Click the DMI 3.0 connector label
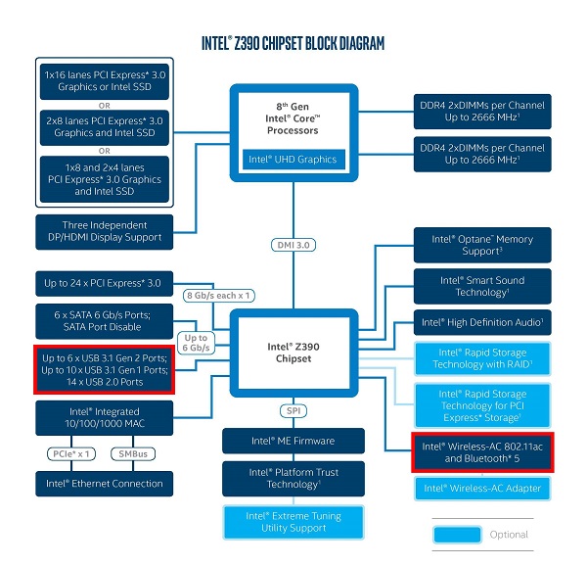click(x=293, y=245)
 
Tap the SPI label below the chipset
click(x=293, y=410)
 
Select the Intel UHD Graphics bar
click(x=293, y=160)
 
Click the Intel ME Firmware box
click(x=293, y=441)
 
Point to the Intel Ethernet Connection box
click(x=105, y=484)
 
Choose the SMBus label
click(x=133, y=454)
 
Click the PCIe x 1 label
click(x=71, y=454)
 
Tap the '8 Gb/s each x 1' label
click(x=218, y=296)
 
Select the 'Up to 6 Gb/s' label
click(x=196, y=343)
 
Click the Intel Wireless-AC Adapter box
click(x=482, y=489)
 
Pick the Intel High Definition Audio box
click(x=482, y=322)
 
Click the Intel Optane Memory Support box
click(x=482, y=245)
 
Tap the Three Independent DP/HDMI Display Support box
click(x=105, y=232)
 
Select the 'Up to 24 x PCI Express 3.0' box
click(x=105, y=284)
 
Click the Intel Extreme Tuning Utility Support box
click(x=293, y=522)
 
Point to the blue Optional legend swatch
click(x=457, y=535)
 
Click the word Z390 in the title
click(x=247, y=43)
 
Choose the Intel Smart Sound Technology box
click(x=482, y=286)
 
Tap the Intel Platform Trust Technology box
click(x=293, y=479)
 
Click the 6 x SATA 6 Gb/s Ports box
click(x=105, y=321)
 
